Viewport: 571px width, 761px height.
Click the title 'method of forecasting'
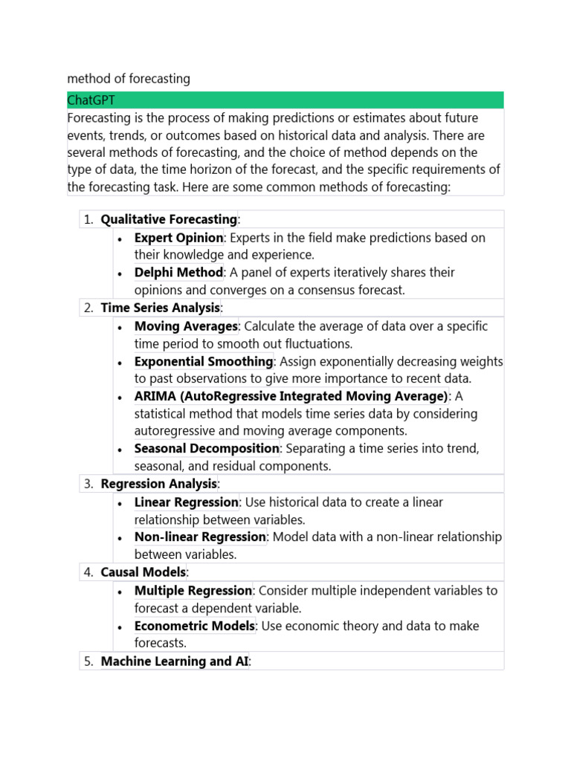coord(129,78)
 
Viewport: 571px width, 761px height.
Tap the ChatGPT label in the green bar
coord(91,100)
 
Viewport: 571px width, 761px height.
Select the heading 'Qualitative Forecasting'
coord(169,219)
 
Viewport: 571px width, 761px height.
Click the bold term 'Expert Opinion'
coord(178,238)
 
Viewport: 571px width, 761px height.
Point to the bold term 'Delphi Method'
coord(178,273)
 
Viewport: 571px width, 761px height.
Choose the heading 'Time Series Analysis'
coord(161,308)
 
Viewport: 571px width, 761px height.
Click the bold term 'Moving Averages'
coord(186,326)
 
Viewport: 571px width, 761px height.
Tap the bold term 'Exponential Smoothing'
coord(204,361)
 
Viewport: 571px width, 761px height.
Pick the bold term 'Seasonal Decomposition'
coord(207,448)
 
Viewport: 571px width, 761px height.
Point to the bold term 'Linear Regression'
coord(187,502)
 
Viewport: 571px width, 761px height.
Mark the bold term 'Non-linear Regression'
coord(200,537)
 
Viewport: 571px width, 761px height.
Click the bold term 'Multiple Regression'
coord(193,591)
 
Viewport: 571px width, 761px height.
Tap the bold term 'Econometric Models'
coord(195,626)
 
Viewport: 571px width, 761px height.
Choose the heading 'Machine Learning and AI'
coord(175,661)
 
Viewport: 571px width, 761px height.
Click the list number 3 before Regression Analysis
coord(88,484)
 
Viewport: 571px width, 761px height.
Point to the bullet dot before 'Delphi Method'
coord(120,273)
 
